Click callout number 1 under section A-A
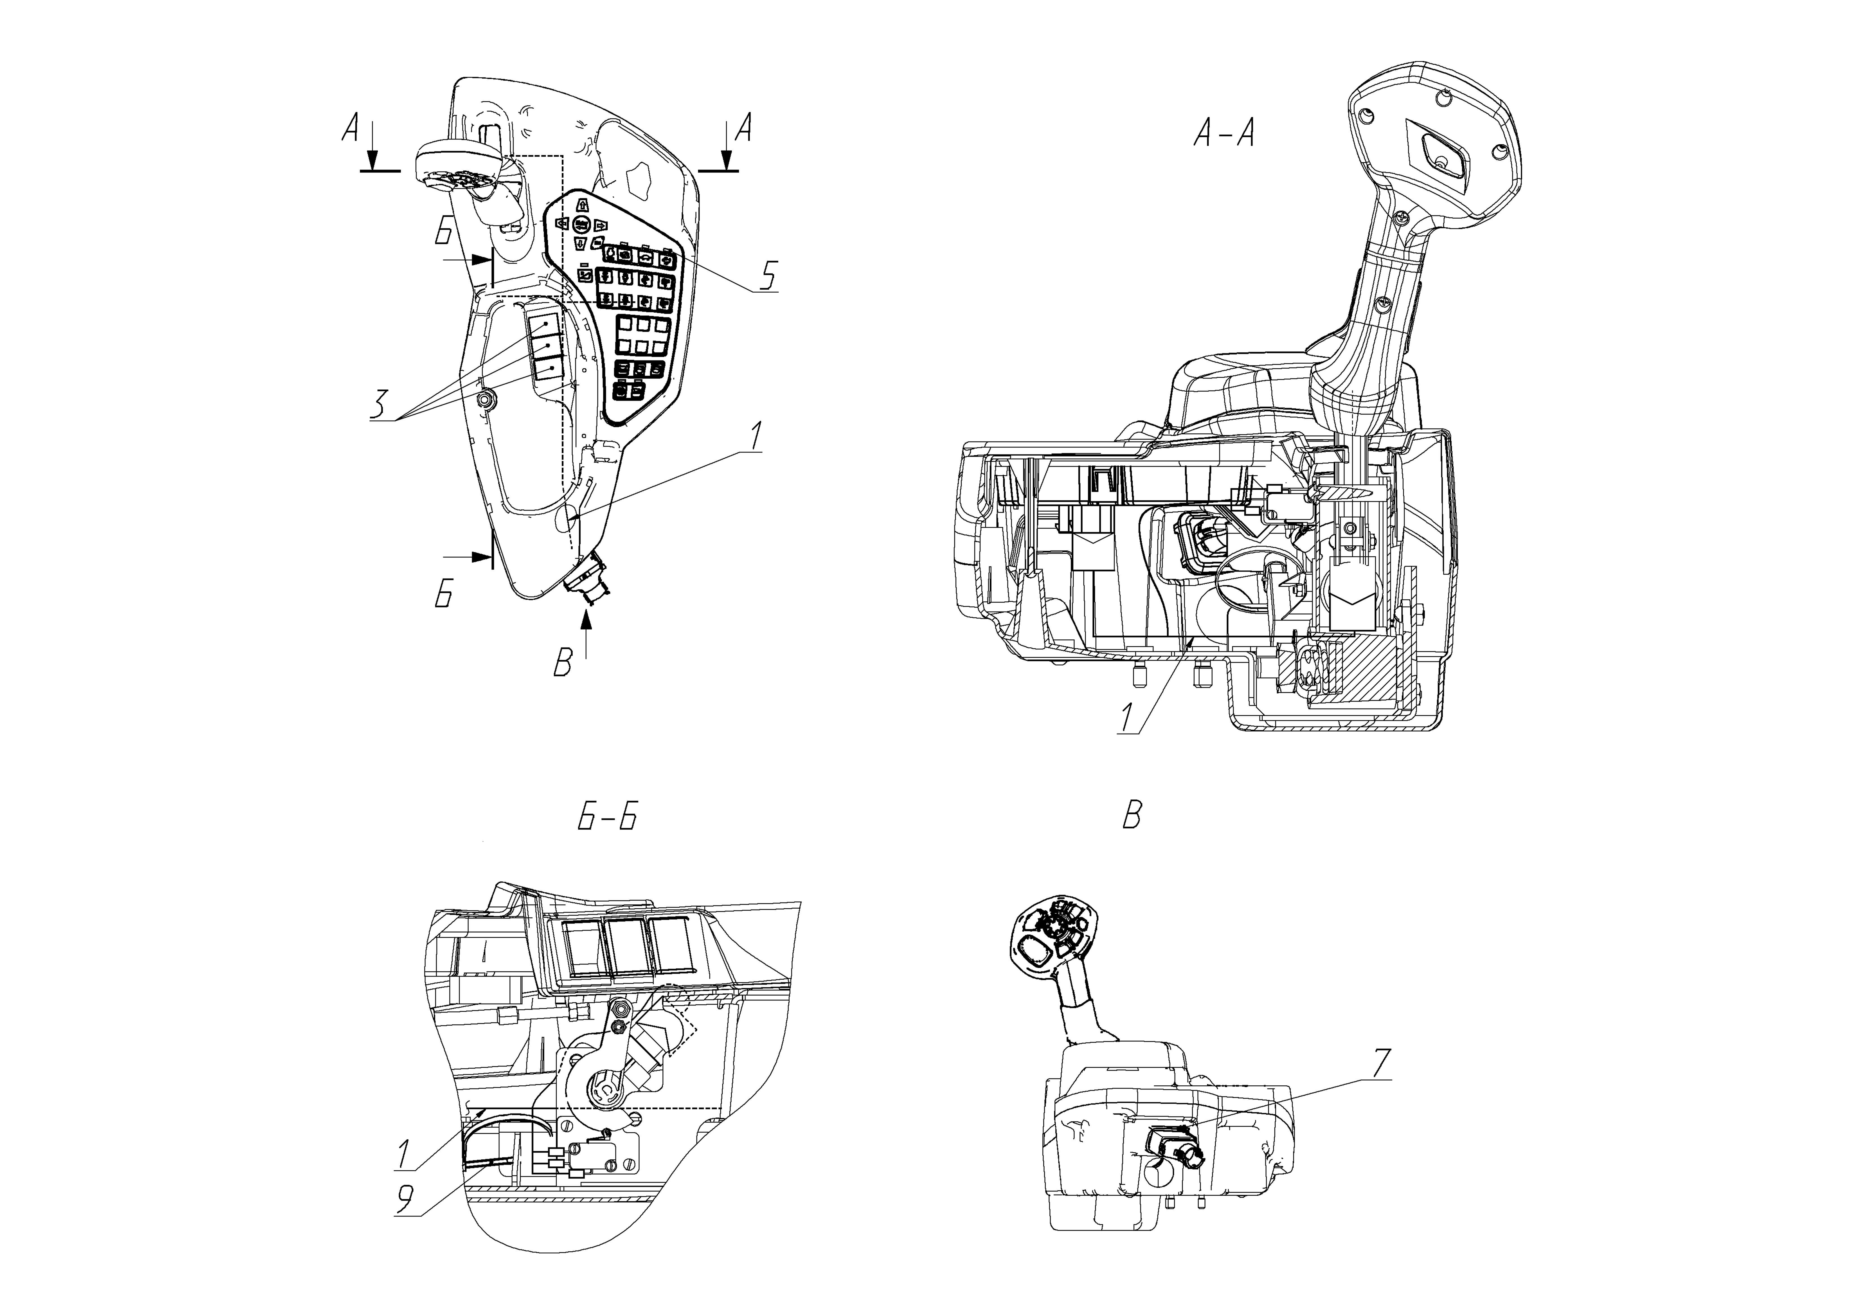(x=1127, y=718)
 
